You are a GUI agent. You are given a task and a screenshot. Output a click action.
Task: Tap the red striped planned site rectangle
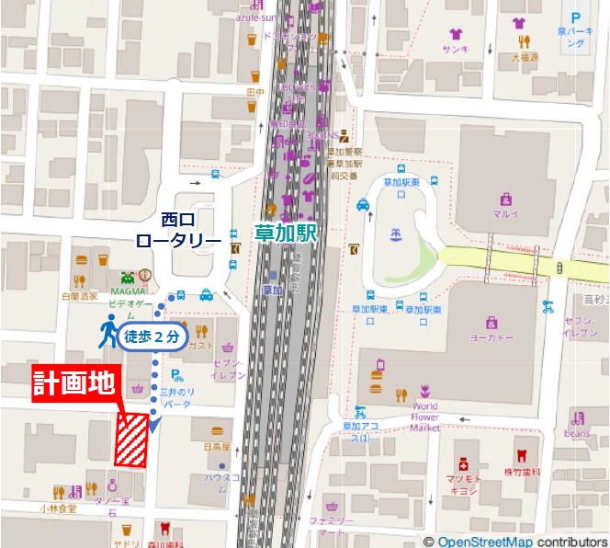[131, 440]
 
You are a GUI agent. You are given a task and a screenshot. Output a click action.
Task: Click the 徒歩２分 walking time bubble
[151, 337]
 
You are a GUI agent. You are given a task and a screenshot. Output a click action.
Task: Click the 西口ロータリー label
[177, 230]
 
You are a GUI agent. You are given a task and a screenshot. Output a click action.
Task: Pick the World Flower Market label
[424, 416]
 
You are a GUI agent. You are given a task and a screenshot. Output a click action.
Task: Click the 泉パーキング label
[575, 38]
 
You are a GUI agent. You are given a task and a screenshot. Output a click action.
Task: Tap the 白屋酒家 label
[79, 297]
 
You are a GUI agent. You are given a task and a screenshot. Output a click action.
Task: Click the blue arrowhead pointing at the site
[153, 426]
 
